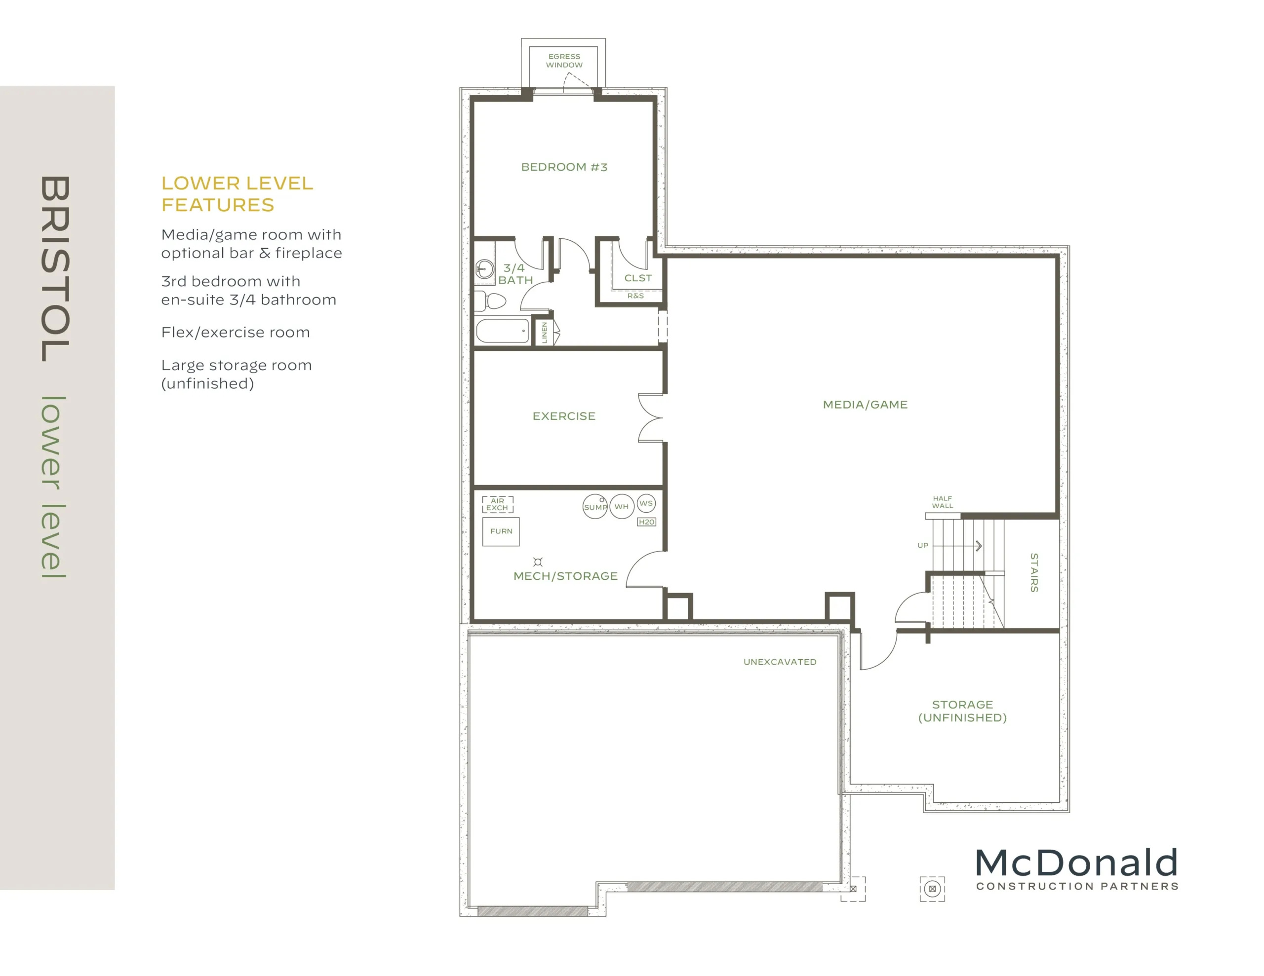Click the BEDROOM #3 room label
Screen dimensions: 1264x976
click(564, 167)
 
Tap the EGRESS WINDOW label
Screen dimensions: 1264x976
click(564, 61)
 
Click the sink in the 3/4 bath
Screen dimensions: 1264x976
click(484, 268)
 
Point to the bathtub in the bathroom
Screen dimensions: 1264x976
click(502, 331)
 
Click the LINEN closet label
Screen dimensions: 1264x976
click(544, 333)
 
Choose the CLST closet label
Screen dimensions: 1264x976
click(638, 278)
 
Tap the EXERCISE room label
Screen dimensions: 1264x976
click(564, 416)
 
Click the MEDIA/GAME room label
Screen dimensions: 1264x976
click(865, 405)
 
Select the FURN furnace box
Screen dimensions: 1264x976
click(501, 531)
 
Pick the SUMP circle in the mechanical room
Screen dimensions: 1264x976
click(595, 507)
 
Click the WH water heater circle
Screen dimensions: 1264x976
click(622, 506)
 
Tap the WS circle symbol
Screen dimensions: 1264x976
click(646, 503)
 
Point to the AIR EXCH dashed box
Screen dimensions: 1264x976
click(498, 504)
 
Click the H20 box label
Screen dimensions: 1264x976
click(646, 522)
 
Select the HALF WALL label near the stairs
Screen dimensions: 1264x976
click(942, 502)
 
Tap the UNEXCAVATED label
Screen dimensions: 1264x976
click(780, 662)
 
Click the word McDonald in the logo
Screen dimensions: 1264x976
click(1076, 863)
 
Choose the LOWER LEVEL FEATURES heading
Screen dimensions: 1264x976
click(237, 194)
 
